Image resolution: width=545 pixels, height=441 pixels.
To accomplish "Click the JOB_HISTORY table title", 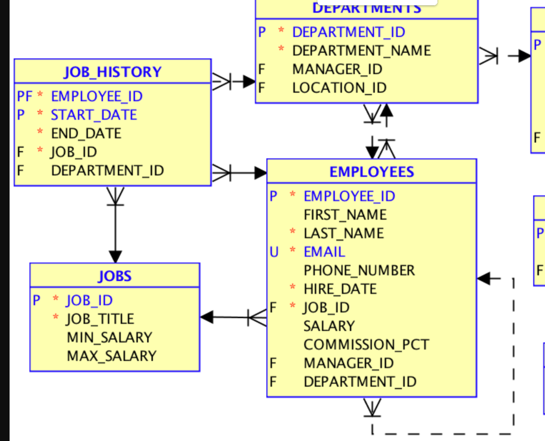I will click(112, 72).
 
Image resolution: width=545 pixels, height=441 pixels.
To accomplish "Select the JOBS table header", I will click(114, 276).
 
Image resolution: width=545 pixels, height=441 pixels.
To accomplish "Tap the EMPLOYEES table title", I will click(371, 171).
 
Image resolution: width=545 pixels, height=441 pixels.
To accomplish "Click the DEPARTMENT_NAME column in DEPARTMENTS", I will click(361, 51).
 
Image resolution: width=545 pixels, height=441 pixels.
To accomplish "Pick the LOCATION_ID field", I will click(339, 88).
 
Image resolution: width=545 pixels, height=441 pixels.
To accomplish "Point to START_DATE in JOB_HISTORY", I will click(94, 115).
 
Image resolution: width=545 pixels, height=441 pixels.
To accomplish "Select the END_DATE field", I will click(86, 134).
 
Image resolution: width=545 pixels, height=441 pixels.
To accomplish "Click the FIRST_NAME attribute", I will click(345, 215).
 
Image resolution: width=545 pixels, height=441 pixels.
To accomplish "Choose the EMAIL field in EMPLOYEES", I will click(324, 252).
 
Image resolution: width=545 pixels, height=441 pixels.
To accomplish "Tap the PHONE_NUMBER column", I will click(359, 271).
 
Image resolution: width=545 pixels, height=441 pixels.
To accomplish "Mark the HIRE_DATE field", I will click(340, 289).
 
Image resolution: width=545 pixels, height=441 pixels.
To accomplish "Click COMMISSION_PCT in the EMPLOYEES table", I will click(366, 345).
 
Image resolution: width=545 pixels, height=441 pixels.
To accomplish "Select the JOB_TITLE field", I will click(100, 319).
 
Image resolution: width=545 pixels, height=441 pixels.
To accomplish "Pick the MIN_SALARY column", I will click(109, 338).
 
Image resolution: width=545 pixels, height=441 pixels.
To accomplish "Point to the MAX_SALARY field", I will click(111, 356).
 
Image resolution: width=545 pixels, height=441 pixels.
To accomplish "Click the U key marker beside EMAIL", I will click(274, 252).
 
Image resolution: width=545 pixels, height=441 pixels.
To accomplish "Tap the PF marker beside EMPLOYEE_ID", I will click(24, 96).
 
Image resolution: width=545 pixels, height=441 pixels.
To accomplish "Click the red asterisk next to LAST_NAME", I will click(293, 233).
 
